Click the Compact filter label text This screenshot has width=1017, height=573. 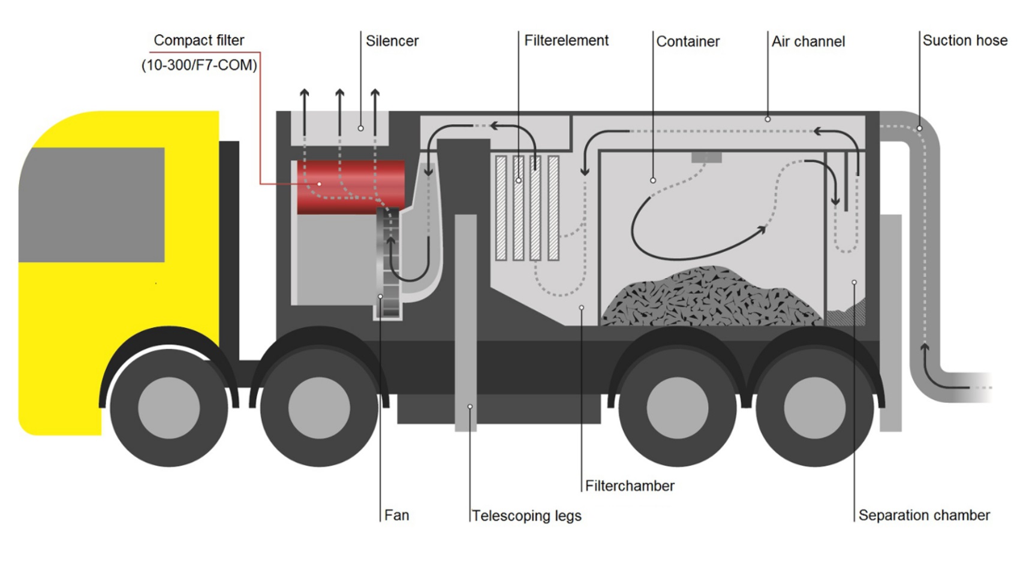pyautogui.click(x=198, y=40)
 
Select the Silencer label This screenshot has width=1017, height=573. pyautogui.click(x=392, y=41)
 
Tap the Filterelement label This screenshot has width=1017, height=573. pyautogui.click(x=566, y=40)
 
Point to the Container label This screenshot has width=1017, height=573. pyautogui.click(x=688, y=41)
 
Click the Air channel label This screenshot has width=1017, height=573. pyautogui.click(x=808, y=41)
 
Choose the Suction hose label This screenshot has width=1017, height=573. pyautogui.click(x=964, y=40)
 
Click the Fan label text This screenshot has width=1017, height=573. pyautogui.click(x=396, y=515)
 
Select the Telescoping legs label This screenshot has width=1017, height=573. pyautogui.click(x=526, y=515)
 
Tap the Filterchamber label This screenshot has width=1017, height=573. pyautogui.click(x=630, y=485)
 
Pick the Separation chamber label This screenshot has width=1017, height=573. pyautogui.click(x=923, y=515)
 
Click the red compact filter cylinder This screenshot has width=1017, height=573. pyautogui.click(x=351, y=186)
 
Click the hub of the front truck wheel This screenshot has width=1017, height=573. pyautogui.click(x=169, y=408)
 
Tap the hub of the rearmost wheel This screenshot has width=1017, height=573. pyautogui.click(x=814, y=408)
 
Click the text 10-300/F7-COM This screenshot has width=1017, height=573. pyautogui.click(x=199, y=65)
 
